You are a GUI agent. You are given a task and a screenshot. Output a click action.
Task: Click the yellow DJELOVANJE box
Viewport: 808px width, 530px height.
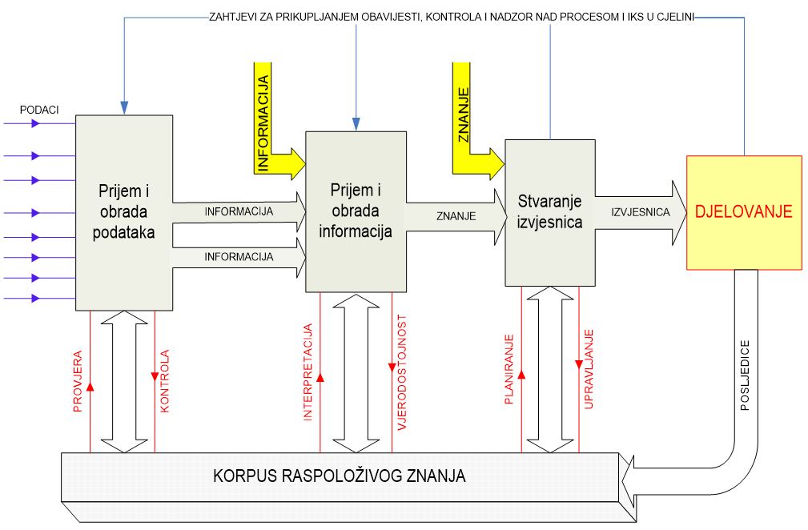click(744, 212)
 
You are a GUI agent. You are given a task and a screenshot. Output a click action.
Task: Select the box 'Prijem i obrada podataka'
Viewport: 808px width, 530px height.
click(124, 212)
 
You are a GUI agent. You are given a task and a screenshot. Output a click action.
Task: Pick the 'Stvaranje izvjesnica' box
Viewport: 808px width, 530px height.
click(549, 211)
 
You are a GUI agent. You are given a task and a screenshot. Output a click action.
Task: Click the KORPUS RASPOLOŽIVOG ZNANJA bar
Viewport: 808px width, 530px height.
click(340, 476)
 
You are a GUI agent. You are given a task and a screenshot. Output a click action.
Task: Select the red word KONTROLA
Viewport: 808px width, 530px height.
click(165, 381)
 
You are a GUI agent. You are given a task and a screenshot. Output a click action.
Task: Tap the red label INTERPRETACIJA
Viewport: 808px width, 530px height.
click(308, 369)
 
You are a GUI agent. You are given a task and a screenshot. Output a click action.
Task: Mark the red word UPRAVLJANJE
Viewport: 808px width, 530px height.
click(589, 369)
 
